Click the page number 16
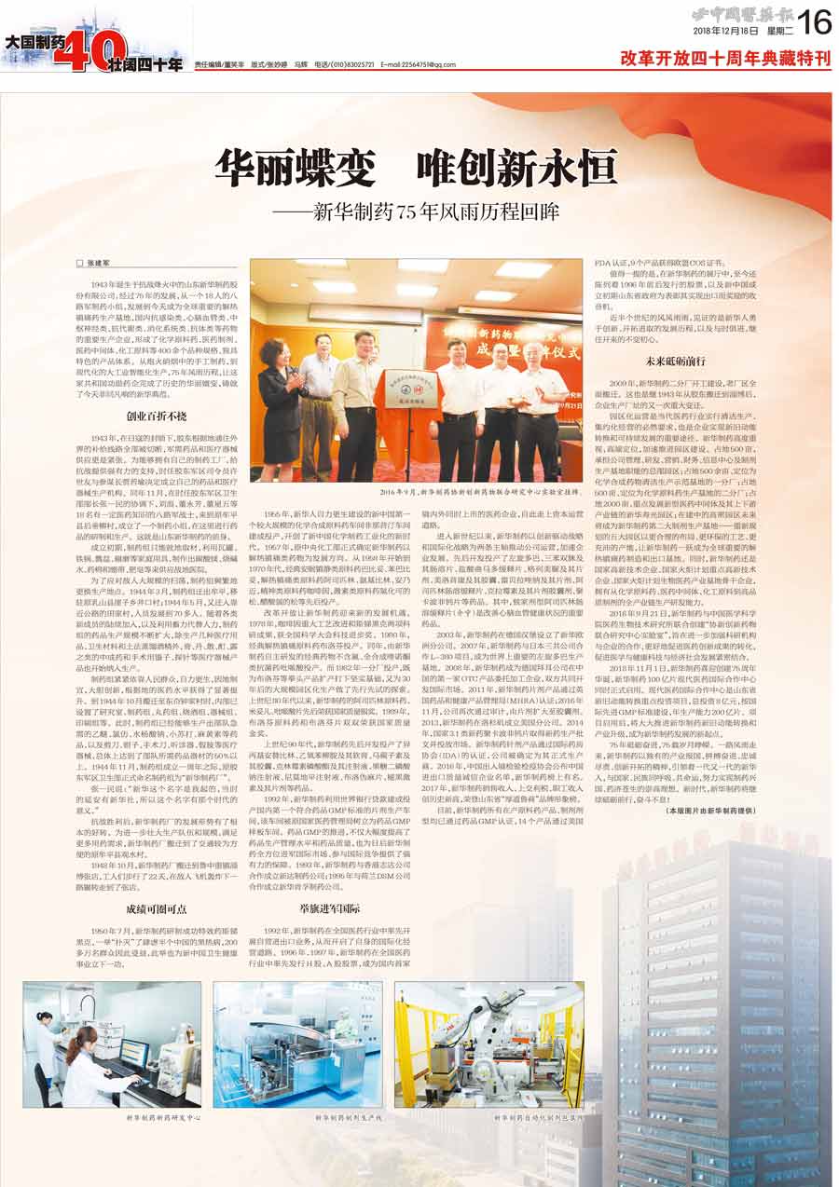pyautogui.click(x=815, y=18)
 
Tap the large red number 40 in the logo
pyautogui.click(x=102, y=51)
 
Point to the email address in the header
pyautogui.click(x=418, y=64)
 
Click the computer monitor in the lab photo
pyautogui.click(x=132, y=1054)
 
